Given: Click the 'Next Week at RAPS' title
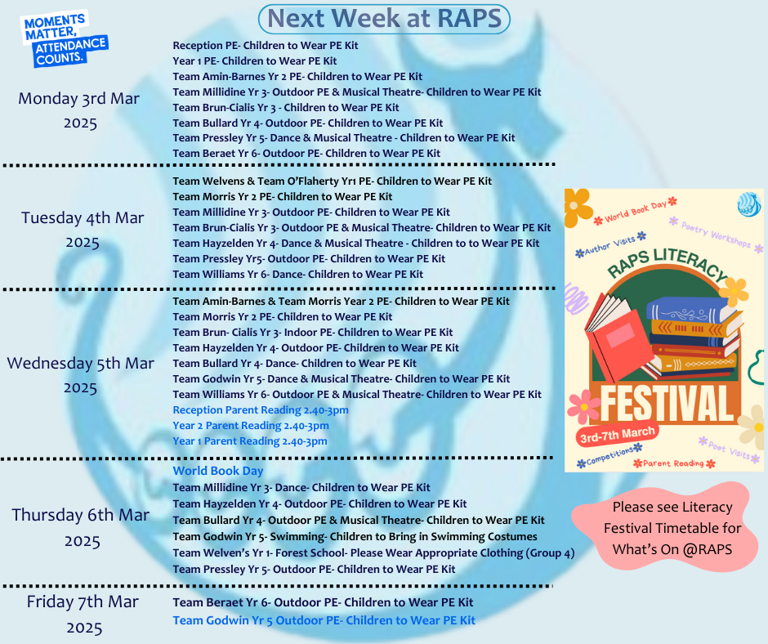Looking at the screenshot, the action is point(385,19).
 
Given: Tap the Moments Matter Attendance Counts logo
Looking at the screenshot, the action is point(64,39).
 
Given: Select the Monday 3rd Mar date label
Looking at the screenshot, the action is point(79,110).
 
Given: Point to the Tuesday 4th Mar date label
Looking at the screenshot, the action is point(83,230).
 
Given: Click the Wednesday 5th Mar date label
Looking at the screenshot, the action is point(80,375).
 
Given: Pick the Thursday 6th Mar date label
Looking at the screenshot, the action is point(81,528).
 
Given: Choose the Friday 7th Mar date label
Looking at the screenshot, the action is point(83,615).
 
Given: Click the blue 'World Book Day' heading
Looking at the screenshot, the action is point(218,471).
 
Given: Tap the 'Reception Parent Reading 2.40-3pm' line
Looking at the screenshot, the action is point(261,410).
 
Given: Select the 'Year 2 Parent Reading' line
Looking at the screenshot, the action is point(251,426).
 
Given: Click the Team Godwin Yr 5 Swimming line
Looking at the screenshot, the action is point(355,537).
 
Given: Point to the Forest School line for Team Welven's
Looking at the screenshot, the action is point(373,553).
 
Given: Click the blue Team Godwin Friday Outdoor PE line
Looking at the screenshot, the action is point(324,620).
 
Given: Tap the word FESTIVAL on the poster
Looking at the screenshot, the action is point(667,404).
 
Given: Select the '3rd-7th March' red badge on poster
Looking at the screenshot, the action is point(617,434).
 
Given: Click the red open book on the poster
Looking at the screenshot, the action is point(618,338).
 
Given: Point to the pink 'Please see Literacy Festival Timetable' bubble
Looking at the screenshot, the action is point(666,528).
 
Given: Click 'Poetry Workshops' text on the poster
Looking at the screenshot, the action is point(716,235).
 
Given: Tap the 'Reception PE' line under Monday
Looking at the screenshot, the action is point(266,46).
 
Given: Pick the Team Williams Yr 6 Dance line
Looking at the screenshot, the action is point(297,275).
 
